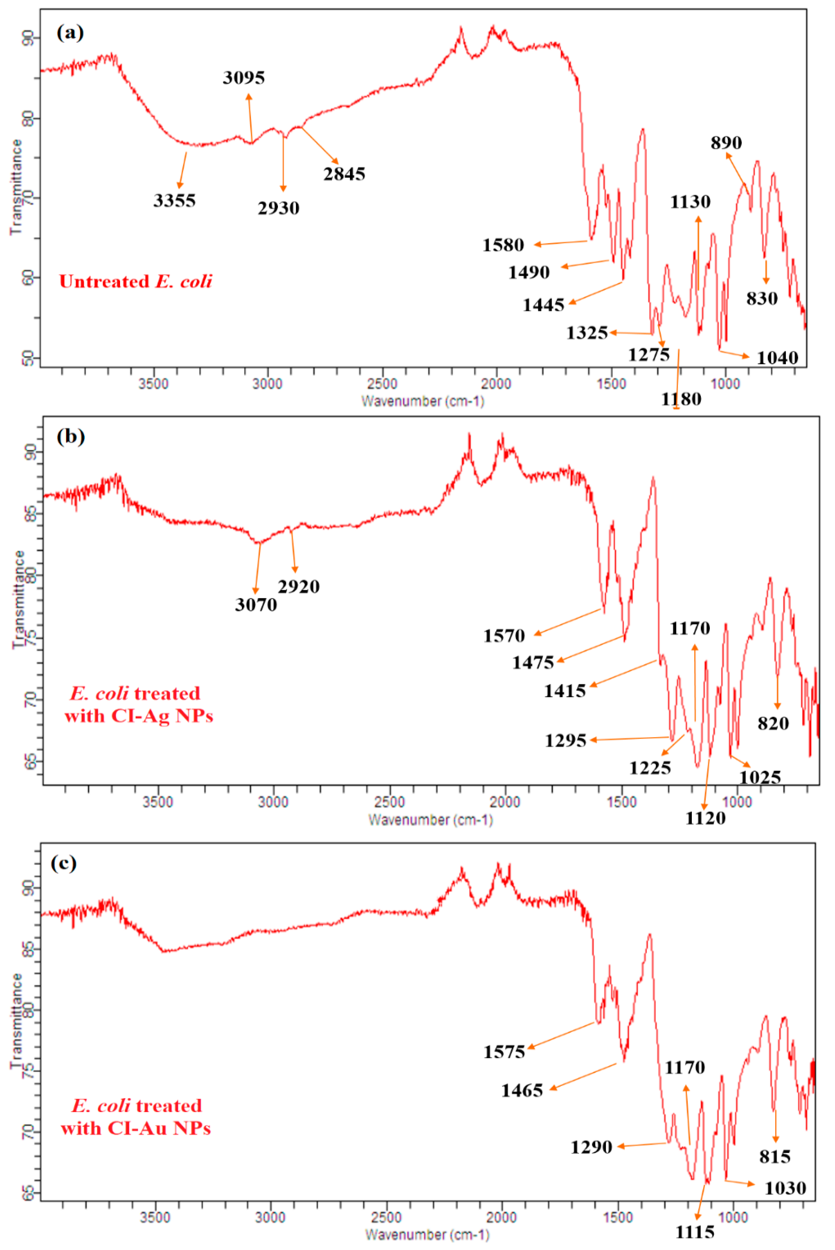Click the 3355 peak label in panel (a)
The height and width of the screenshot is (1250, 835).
click(x=174, y=201)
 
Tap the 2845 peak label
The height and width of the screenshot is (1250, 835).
click(x=344, y=174)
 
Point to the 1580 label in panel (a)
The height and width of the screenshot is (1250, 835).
click(x=503, y=245)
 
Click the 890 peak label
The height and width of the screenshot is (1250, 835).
click(x=726, y=143)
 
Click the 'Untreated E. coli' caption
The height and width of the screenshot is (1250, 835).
click(x=135, y=281)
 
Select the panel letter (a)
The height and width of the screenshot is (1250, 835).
click(x=70, y=33)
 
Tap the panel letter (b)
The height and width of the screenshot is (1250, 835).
click(x=70, y=437)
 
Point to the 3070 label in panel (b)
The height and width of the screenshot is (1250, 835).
click(x=256, y=604)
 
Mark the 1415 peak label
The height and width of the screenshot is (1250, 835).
click(x=565, y=691)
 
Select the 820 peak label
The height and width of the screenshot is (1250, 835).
click(x=773, y=723)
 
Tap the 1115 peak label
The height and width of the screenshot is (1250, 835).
click(x=695, y=1232)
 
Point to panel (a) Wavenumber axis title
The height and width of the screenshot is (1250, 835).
click(x=423, y=401)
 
